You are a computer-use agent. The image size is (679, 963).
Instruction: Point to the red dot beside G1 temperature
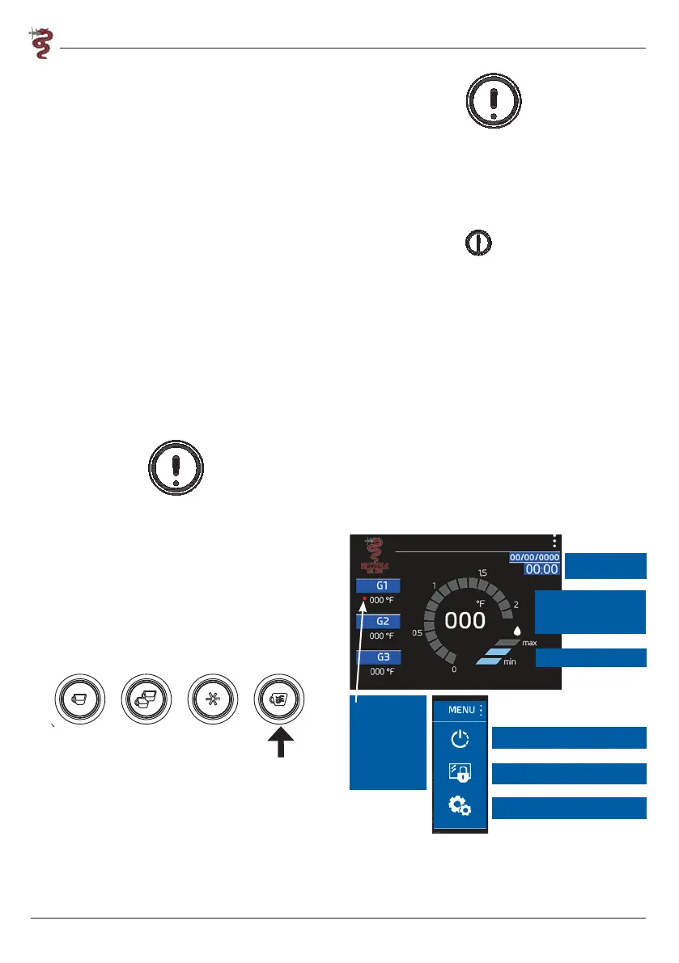pyautogui.click(x=365, y=599)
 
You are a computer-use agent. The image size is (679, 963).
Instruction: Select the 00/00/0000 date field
pyautogui.click(x=534, y=557)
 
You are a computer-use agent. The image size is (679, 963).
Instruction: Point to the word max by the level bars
pyautogui.click(x=530, y=642)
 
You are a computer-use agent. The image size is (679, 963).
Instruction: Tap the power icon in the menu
pyautogui.click(x=460, y=740)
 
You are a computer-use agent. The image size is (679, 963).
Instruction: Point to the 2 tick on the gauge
pyautogui.click(x=516, y=604)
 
